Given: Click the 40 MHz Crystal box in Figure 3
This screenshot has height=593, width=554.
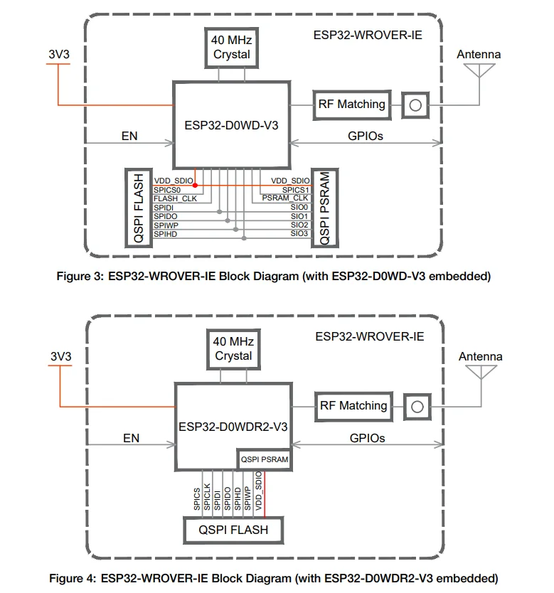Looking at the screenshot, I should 230,47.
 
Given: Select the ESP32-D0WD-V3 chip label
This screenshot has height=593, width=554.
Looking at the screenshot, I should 230,125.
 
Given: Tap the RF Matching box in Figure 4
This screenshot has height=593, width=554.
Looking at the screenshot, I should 353,406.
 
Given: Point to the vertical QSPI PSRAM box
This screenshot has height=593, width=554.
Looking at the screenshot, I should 325,208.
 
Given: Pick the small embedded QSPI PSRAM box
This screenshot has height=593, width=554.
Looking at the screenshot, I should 265,459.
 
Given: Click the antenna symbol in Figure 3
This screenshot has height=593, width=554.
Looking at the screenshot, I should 478,70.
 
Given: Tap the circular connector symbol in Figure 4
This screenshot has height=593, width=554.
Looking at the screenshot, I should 417,407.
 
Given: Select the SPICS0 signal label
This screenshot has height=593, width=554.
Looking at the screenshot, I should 168,190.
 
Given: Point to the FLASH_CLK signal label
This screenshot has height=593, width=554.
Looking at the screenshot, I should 175,198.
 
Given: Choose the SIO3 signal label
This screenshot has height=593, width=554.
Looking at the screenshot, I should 299,233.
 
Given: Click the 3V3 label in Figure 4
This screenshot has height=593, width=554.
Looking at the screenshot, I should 60,356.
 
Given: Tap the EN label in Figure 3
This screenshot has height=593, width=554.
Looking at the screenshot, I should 130,136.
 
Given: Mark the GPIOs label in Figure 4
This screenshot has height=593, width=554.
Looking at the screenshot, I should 367,438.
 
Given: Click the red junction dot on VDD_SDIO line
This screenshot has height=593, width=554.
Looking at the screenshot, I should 195,185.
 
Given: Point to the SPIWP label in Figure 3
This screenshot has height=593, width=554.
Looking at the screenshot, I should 166,225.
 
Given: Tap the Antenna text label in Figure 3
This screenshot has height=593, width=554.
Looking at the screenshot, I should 478,55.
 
